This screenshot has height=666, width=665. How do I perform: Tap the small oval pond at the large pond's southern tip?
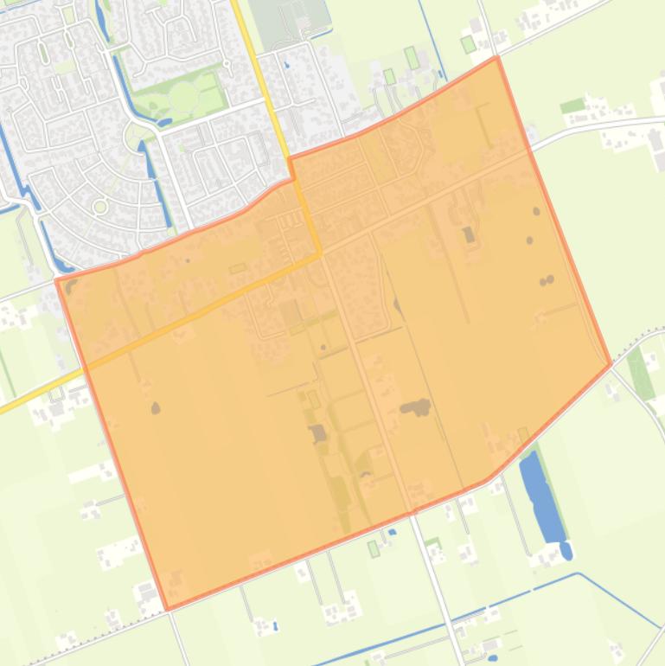[x=566, y=549]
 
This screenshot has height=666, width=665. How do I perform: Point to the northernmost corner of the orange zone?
[x=496, y=58]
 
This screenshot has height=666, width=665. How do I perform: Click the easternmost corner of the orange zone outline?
[x=611, y=365]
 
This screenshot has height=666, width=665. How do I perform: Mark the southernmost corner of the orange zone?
[x=167, y=608]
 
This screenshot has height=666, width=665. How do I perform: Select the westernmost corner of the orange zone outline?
[x=57, y=280]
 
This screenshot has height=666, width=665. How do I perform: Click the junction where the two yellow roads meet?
[x=320, y=254]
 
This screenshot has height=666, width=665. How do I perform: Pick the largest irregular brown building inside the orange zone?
[x=416, y=407]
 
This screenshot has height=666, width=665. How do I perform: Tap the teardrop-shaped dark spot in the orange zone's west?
[x=156, y=407]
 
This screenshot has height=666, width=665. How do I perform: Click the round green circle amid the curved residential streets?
[x=100, y=206]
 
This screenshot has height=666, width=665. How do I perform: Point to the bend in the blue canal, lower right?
[x=578, y=573]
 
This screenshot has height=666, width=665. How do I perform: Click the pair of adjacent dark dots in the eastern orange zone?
[x=547, y=280]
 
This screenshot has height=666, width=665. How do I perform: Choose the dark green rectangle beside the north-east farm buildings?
[x=572, y=106]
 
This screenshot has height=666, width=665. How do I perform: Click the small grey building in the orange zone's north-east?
[x=469, y=234]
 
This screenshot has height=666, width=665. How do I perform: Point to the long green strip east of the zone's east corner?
[x=641, y=372]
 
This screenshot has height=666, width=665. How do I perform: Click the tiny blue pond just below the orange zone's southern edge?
[x=392, y=532]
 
